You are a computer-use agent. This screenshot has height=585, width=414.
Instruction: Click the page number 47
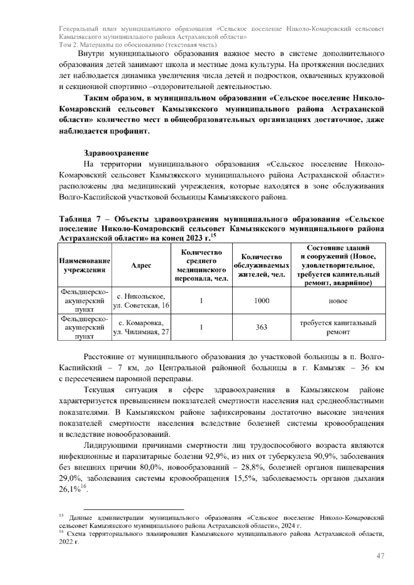coord(380,556)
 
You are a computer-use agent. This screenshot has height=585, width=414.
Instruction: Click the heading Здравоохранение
coord(116,153)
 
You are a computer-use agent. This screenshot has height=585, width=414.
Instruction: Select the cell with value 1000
coord(262,300)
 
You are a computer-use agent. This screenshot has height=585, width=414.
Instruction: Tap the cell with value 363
coord(262,327)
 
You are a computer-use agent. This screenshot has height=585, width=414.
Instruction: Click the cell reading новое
coord(338,301)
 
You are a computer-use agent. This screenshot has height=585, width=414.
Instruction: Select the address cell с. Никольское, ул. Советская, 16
coord(141,301)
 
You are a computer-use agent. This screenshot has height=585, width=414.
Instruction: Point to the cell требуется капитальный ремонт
coord(338,327)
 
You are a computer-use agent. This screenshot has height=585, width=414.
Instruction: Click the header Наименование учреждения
coord(85,265)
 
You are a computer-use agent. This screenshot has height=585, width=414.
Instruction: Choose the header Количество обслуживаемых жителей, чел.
coord(262,265)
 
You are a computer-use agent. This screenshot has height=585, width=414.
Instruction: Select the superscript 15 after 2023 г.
coord(213,236)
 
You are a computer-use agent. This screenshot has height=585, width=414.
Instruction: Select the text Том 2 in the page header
coord(68,45)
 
